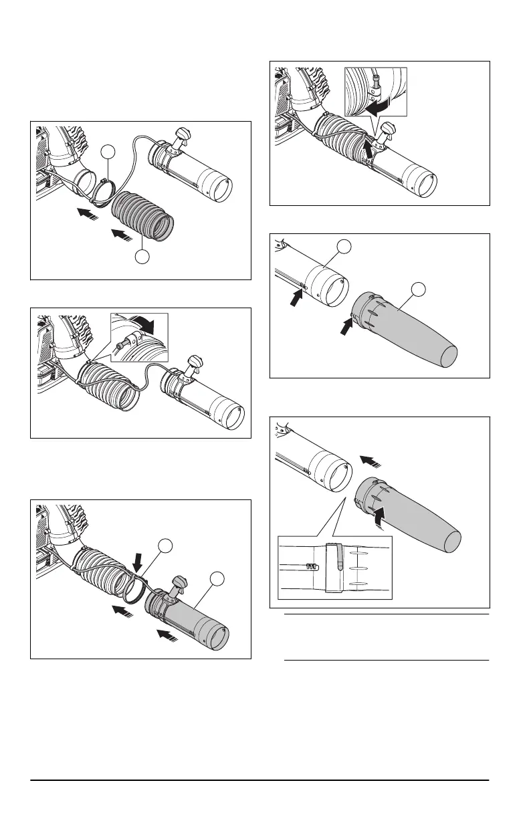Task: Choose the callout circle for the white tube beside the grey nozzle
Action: (343, 248)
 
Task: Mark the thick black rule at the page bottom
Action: (265, 781)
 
